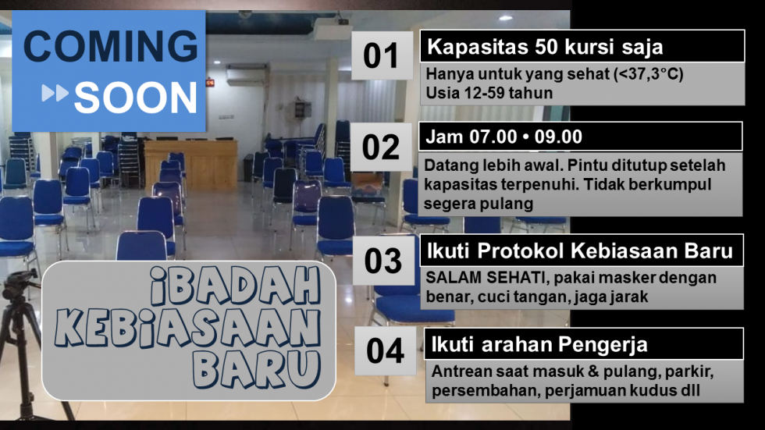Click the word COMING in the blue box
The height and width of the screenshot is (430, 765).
click(111, 46)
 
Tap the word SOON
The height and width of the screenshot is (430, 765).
click(136, 98)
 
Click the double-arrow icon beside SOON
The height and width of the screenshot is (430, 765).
click(55, 93)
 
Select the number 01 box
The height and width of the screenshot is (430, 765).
click(382, 55)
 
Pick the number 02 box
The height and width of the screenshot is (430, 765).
click(381, 147)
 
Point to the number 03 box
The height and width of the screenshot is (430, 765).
click(383, 261)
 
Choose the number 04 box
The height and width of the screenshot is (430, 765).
click(386, 351)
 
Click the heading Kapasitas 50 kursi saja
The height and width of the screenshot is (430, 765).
click(545, 47)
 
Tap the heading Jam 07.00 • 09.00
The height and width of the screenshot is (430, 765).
click(503, 137)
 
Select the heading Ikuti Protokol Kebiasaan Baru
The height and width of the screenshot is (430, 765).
click(579, 251)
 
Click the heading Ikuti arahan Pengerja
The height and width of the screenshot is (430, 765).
click(539, 345)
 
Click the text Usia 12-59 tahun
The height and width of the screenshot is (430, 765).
click(489, 93)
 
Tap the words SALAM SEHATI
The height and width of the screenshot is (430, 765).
click(485, 277)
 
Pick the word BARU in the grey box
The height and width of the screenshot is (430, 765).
click(257, 370)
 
